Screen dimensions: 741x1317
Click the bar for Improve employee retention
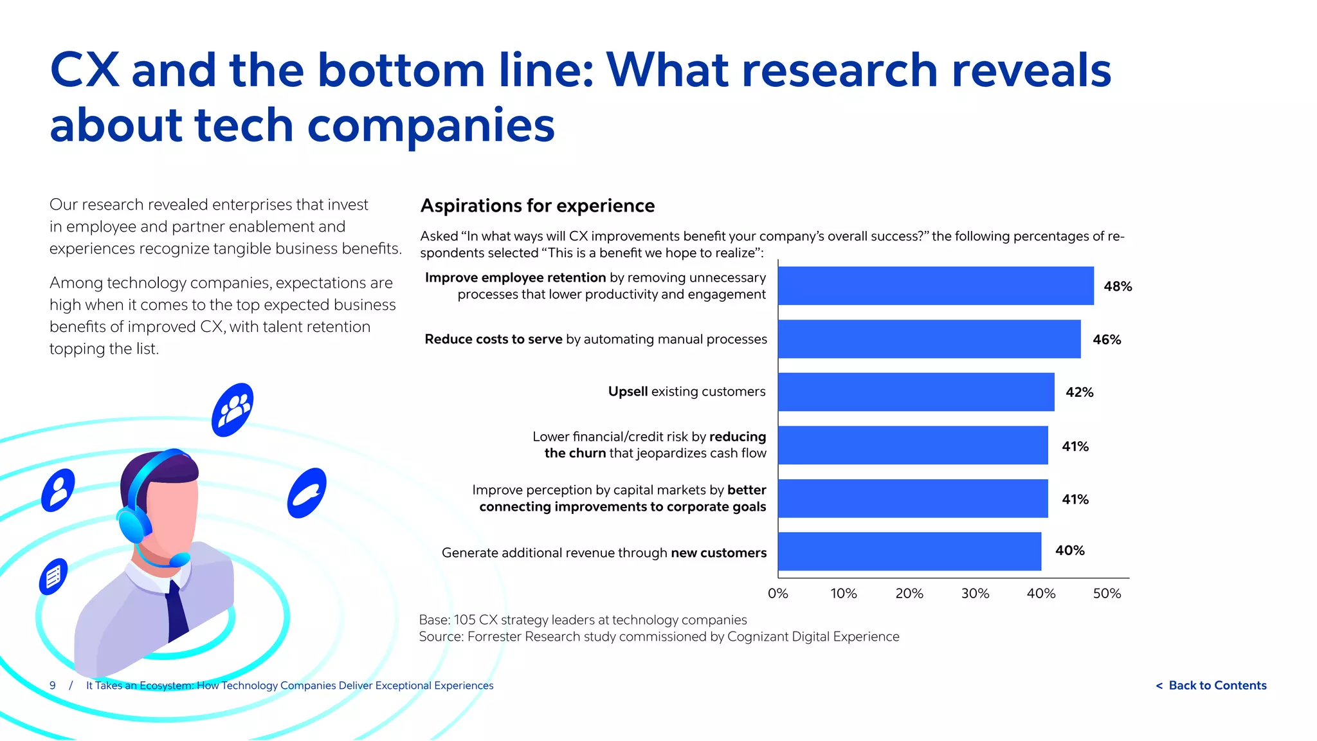coord(935,286)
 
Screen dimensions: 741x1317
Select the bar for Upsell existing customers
coord(916,392)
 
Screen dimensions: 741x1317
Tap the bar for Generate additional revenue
coord(909,551)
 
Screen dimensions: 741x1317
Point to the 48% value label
coord(1118,287)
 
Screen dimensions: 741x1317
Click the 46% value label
coord(1107,340)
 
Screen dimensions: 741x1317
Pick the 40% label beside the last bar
coord(1069,551)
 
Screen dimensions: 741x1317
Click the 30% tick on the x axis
coord(975,594)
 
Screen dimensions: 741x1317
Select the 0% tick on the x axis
coord(777,594)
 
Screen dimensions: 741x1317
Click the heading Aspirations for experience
coord(537,206)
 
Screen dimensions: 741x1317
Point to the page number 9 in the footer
coord(53,686)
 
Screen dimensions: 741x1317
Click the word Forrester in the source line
coord(495,637)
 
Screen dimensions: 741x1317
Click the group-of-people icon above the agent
coord(232,410)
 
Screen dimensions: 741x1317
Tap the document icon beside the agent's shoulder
coord(53,576)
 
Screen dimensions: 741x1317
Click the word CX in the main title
coord(84,70)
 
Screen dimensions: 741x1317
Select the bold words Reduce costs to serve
coord(493,339)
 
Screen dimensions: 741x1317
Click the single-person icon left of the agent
coord(58,491)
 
